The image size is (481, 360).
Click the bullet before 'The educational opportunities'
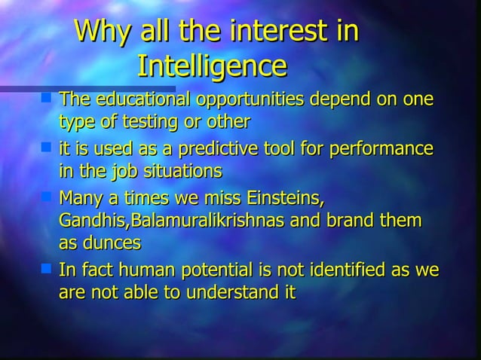point(47,97)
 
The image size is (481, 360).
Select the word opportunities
point(246,99)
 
